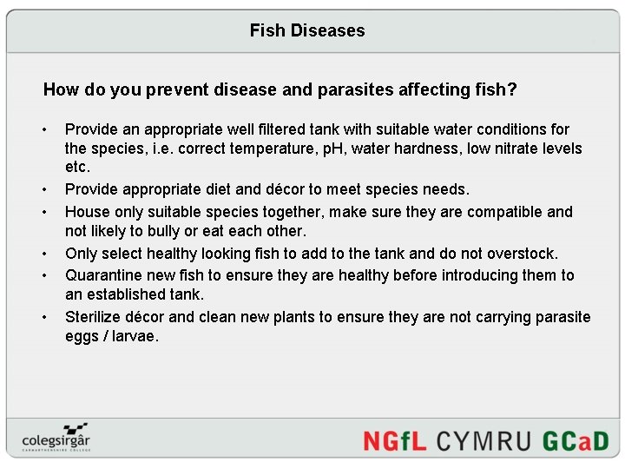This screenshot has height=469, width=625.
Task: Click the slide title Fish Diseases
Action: coord(307,31)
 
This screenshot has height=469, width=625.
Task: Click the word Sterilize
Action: coord(96,317)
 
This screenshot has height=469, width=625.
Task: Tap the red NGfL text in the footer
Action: coord(395,440)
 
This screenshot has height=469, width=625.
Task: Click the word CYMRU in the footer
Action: coord(484,440)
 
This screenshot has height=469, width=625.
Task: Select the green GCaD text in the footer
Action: coord(576,440)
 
